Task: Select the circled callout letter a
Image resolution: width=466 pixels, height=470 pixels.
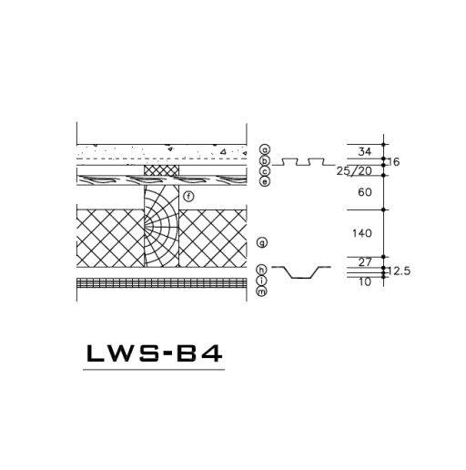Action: click(x=262, y=149)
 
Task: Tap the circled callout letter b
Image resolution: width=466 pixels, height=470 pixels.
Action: click(x=262, y=160)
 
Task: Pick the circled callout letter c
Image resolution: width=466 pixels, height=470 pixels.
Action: click(x=262, y=170)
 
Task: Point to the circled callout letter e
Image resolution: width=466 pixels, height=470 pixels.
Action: click(x=262, y=181)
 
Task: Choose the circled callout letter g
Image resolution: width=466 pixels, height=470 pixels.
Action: click(x=262, y=242)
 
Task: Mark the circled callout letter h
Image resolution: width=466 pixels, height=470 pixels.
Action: click(x=262, y=270)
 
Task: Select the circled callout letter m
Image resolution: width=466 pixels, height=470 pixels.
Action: click(x=262, y=291)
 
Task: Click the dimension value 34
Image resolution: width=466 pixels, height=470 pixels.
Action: click(x=365, y=151)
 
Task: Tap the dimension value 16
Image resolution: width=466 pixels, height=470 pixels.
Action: click(x=395, y=161)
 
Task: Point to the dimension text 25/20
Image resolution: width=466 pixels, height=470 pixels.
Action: click(x=354, y=171)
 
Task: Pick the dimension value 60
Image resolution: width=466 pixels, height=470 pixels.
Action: click(x=365, y=192)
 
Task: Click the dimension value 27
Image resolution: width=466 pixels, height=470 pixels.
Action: click(x=365, y=262)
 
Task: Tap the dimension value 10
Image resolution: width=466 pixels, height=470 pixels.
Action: click(x=365, y=281)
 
